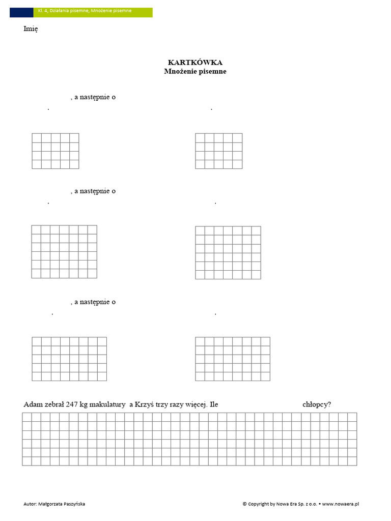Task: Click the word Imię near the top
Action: click(x=31, y=28)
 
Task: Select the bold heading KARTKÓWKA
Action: click(x=195, y=62)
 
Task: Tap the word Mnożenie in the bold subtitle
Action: click(x=178, y=71)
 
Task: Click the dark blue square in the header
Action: click(x=21, y=12)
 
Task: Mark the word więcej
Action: click(x=193, y=405)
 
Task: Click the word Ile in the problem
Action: click(x=213, y=404)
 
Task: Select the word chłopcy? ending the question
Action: click(x=317, y=404)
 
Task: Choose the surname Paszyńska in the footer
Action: click(x=74, y=504)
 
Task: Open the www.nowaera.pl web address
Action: click(x=341, y=504)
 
